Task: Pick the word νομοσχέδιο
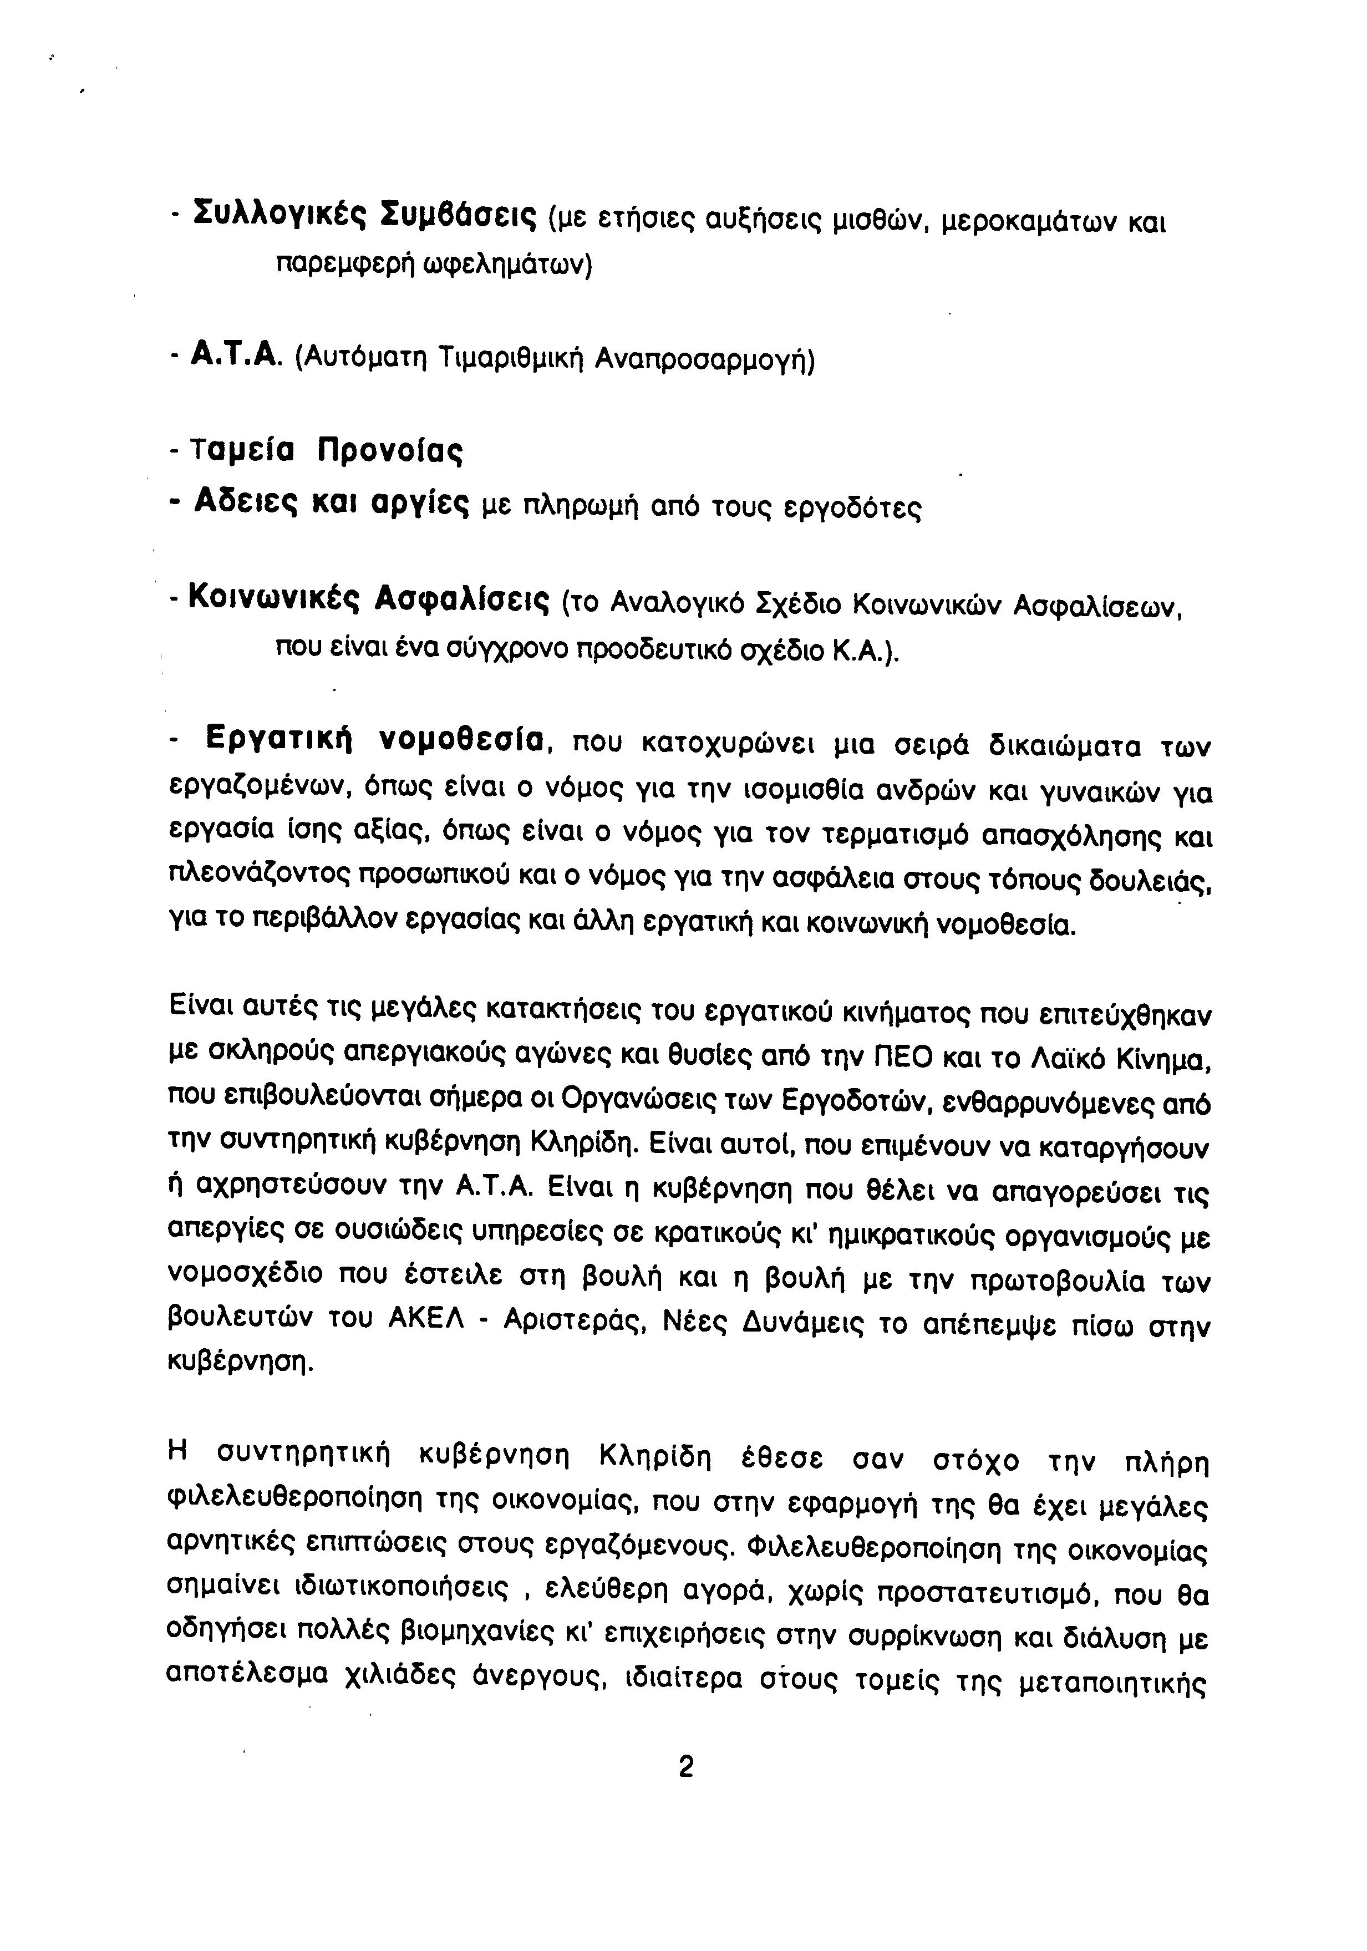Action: [246, 1276]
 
